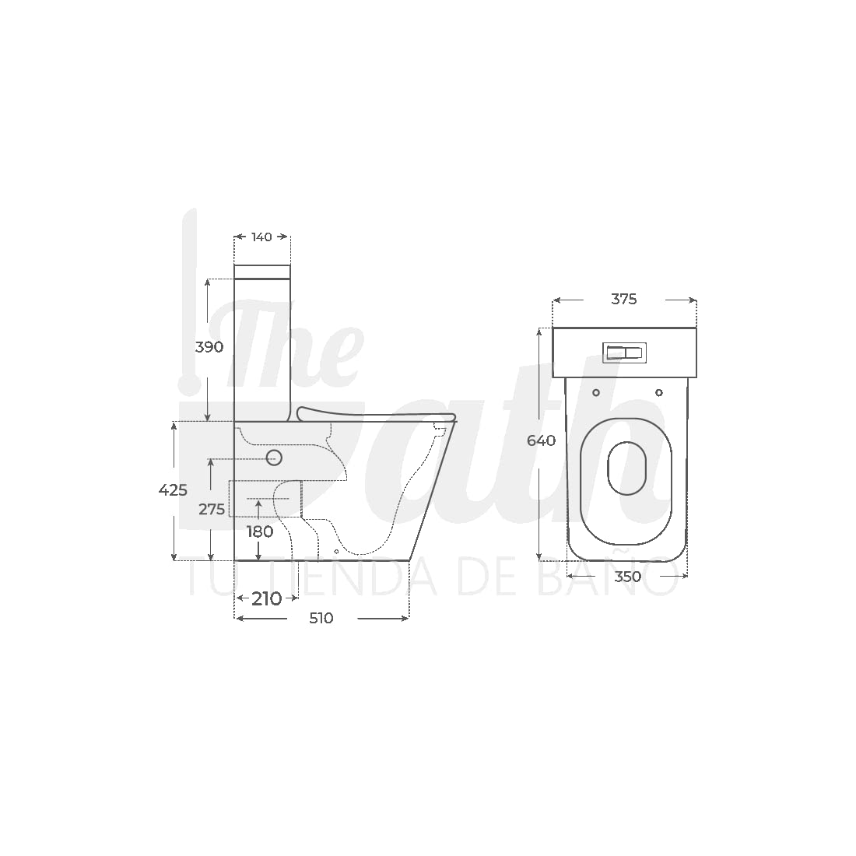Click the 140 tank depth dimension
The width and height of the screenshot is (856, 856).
(x=261, y=237)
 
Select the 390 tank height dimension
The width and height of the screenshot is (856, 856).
(x=209, y=346)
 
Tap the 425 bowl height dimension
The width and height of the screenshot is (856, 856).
(x=173, y=490)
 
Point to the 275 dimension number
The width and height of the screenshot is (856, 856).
(x=211, y=510)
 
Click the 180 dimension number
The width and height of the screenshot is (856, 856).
(x=260, y=531)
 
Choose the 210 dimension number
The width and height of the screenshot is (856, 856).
(x=266, y=599)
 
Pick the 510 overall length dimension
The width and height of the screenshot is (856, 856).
(x=321, y=618)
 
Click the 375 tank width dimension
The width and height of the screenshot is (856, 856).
(x=624, y=299)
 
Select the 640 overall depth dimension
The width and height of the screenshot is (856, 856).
(x=541, y=440)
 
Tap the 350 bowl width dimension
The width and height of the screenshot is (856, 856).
(x=627, y=577)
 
